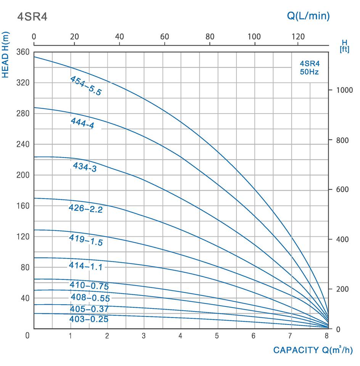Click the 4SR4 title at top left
32,17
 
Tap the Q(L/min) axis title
308,16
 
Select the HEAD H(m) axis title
6,55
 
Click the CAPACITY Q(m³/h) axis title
313,350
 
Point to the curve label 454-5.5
86,85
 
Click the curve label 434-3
84,167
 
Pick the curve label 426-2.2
85,209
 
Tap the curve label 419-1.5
86,240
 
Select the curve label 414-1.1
85,266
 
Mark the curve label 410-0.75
89,286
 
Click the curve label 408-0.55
90,298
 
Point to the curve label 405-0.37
89,309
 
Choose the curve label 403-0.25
89,319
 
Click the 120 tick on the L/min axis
298,37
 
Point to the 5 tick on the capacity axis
217,336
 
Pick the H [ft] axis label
344,46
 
